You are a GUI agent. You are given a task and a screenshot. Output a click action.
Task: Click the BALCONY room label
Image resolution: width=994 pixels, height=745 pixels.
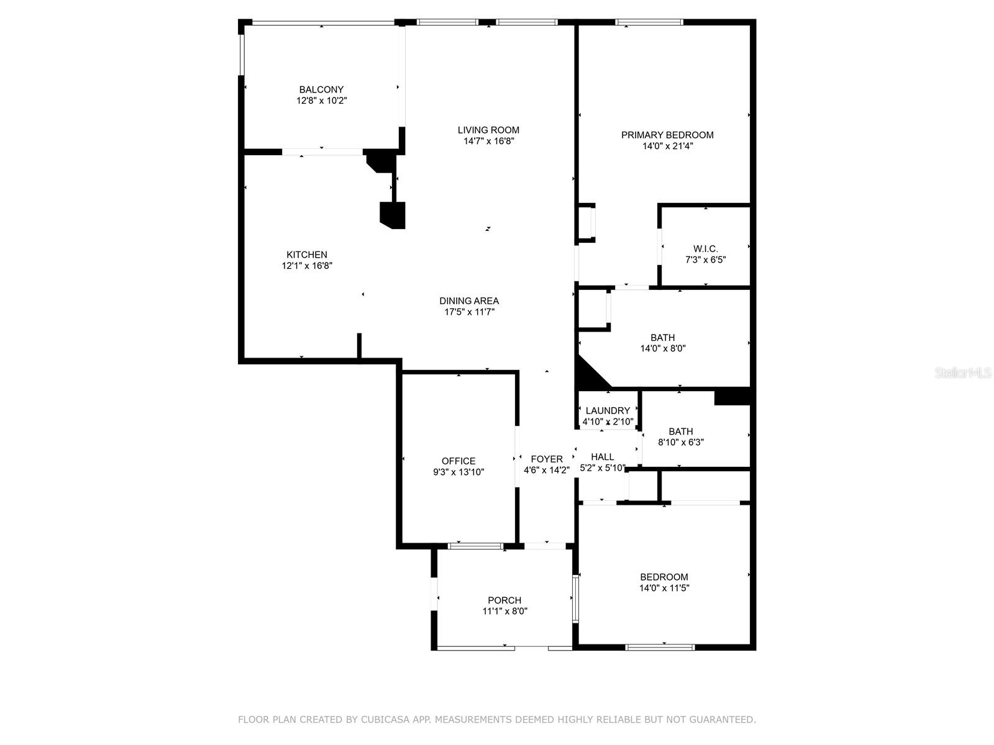[321, 89]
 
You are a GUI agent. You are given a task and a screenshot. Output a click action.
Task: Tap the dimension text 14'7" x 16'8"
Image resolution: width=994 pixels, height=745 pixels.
[489, 141]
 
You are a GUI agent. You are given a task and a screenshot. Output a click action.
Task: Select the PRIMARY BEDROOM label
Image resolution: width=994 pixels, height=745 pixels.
[667, 135]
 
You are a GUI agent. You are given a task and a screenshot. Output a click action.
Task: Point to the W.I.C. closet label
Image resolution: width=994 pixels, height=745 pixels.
[705, 249]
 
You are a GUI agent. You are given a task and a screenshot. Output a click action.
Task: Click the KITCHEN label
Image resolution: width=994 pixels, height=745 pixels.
[306, 255]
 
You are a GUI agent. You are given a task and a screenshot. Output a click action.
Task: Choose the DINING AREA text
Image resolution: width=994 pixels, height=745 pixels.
[469, 301]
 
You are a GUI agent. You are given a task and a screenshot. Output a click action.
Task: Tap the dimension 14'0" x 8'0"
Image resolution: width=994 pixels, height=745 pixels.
[663, 349]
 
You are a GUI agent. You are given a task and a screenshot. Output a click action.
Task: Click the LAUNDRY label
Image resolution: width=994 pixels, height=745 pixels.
[608, 410]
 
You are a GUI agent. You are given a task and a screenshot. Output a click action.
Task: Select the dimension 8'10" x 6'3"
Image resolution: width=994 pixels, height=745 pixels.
[681, 443]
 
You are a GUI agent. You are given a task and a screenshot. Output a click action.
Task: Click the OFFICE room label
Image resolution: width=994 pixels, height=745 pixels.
[458, 461]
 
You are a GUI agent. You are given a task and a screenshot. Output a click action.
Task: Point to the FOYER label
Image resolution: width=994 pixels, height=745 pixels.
[547, 459]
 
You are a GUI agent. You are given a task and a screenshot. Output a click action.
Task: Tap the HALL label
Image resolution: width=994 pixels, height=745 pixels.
[603, 457]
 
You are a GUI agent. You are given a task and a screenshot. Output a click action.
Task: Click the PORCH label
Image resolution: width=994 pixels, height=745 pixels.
[504, 600]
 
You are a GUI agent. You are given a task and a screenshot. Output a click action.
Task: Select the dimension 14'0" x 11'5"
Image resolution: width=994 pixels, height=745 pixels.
[664, 588]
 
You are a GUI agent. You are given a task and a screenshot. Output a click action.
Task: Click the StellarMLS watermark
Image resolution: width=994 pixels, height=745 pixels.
[964, 373]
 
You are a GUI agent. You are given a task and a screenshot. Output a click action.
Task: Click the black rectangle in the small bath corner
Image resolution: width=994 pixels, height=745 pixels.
[732, 396]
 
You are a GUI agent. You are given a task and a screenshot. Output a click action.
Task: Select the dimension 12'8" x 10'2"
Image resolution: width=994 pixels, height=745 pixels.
[321, 101]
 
